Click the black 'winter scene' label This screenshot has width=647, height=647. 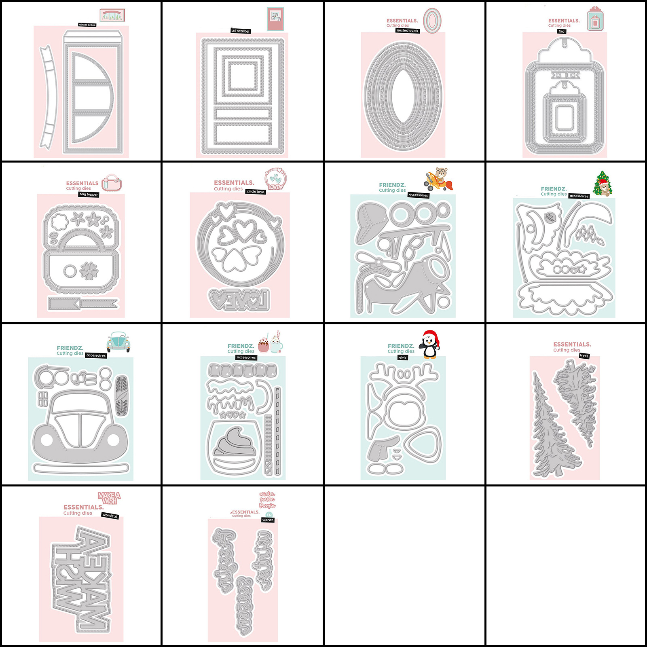point(87,25)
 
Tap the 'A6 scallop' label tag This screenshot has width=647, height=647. point(241,31)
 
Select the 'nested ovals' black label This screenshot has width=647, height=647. point(408,31)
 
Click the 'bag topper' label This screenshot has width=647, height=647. point(89,195)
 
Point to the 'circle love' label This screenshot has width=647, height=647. point(256,192)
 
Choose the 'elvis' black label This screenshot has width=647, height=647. point(403,357)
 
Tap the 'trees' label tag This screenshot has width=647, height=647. point(584,356)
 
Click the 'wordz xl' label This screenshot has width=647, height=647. point(110,516)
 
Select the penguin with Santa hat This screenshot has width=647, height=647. point(431,344)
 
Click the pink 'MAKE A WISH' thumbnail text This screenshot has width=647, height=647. point(109,498)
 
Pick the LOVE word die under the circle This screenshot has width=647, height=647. point(239,299)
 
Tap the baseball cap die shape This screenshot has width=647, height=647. point(371,222)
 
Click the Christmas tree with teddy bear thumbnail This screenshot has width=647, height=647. point(603,183)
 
